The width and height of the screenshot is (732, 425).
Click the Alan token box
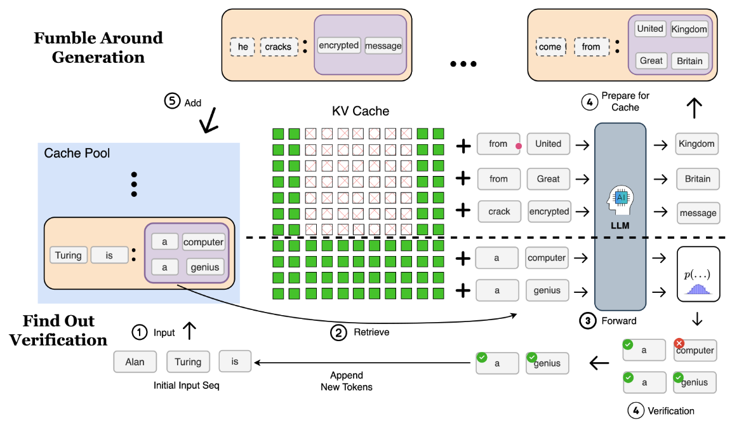pos(135,362)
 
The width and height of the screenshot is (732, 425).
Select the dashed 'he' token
pos(243,47)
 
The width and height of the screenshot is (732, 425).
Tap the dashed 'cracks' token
pos(279,47)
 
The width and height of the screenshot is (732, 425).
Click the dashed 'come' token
pos(550,47)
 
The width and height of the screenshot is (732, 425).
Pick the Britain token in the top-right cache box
pos(689,61)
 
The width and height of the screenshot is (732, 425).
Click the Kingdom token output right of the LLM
pos(696,144)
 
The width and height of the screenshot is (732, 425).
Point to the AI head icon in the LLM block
pos(620,200)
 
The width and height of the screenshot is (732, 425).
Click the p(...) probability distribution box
pos(698,274)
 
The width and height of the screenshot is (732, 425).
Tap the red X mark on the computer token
pos(679,343)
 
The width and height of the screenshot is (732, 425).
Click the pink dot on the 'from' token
pos(518,146)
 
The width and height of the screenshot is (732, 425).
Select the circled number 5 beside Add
pos(172,101)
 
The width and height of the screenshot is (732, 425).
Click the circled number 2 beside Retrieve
pos(338,332)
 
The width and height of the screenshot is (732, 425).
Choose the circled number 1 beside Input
pos(140,332)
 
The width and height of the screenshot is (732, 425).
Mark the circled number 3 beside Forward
pos(588,321)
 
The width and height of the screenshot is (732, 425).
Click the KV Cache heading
pos(361,111)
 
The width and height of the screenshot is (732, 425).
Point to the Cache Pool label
pos(77,153)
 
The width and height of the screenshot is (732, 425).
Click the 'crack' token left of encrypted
pos(499,212)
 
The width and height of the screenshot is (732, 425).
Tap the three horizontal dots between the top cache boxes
pos(463,64)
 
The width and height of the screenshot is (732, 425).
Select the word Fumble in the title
pos(64,38)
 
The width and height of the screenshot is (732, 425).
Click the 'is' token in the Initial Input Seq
pos(235,361)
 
